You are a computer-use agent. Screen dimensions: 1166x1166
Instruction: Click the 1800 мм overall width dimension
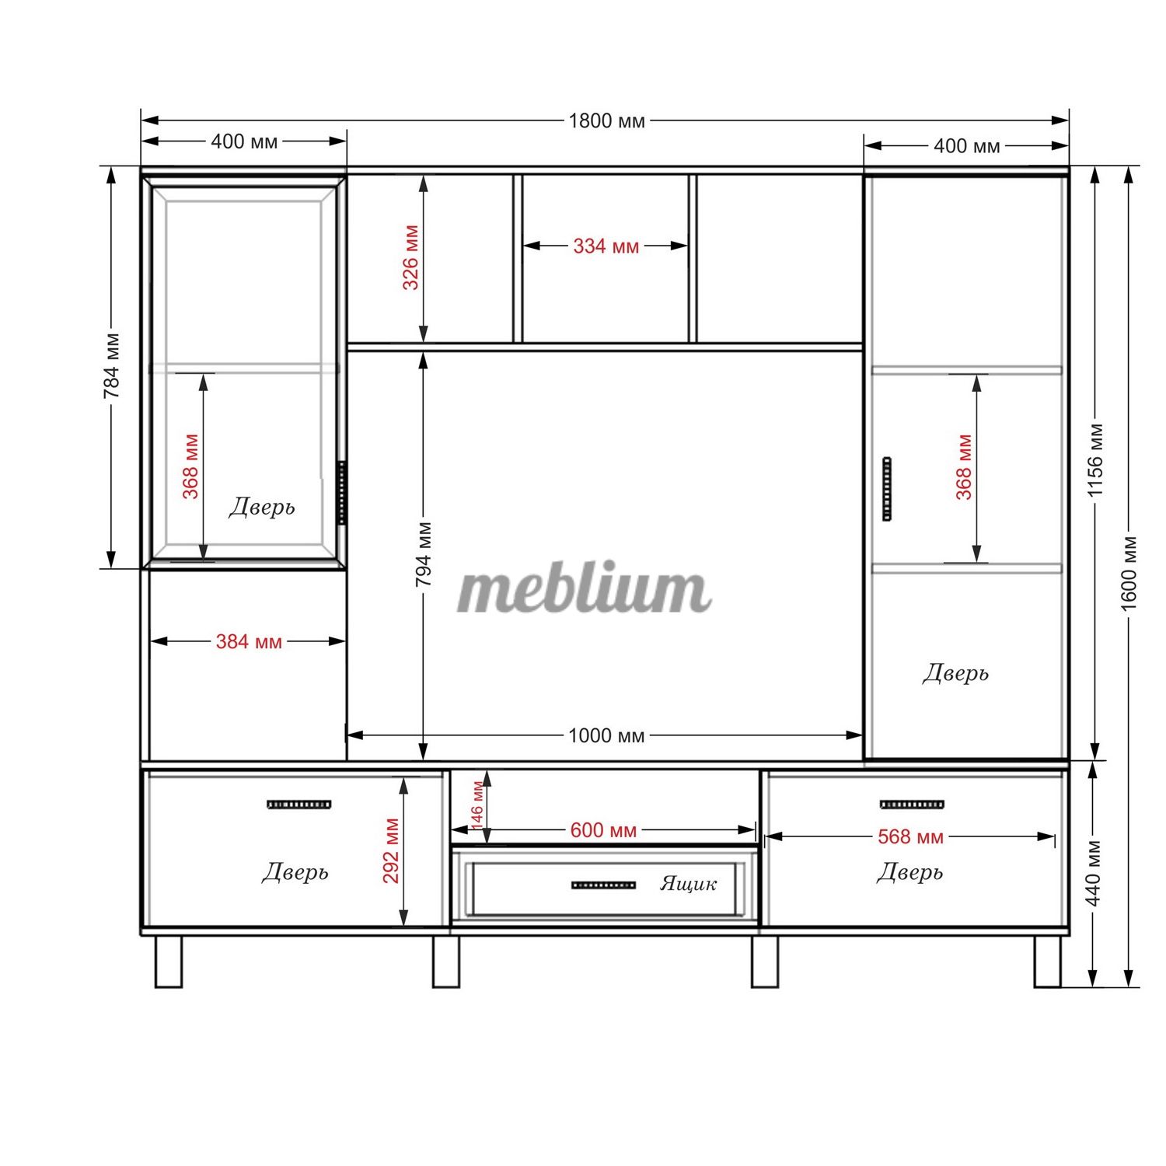tap(606, 120)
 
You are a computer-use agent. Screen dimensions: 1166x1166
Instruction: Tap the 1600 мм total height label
tap(1129, 573)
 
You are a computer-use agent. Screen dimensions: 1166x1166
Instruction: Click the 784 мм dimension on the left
tap(112, 365)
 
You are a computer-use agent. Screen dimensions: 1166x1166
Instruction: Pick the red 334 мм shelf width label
tap(606, 246)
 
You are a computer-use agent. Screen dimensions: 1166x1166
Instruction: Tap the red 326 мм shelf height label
tap(410, 257)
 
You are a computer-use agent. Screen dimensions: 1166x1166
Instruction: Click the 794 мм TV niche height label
tap(424, 555)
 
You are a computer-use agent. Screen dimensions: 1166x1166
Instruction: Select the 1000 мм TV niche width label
tap(606, 735)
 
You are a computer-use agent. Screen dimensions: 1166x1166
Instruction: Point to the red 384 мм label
tap(249, 642)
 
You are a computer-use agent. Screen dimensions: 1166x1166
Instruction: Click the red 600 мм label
tap(603, 830)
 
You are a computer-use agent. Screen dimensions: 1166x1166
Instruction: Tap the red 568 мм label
tap(910, 837)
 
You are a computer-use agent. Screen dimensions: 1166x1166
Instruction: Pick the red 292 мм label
tap(391, 851)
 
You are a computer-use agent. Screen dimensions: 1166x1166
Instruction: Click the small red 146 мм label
tap(477, 805)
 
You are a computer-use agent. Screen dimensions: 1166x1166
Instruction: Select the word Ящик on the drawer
tap(689, 883)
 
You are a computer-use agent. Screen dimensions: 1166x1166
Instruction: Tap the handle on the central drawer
tap(604, 885)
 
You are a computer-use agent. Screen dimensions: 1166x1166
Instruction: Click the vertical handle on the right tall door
tap(887, 490)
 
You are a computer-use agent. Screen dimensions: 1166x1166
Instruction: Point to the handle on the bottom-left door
tap(299, 805)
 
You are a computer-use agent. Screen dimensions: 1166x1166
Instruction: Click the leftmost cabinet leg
tap(169, 961)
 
